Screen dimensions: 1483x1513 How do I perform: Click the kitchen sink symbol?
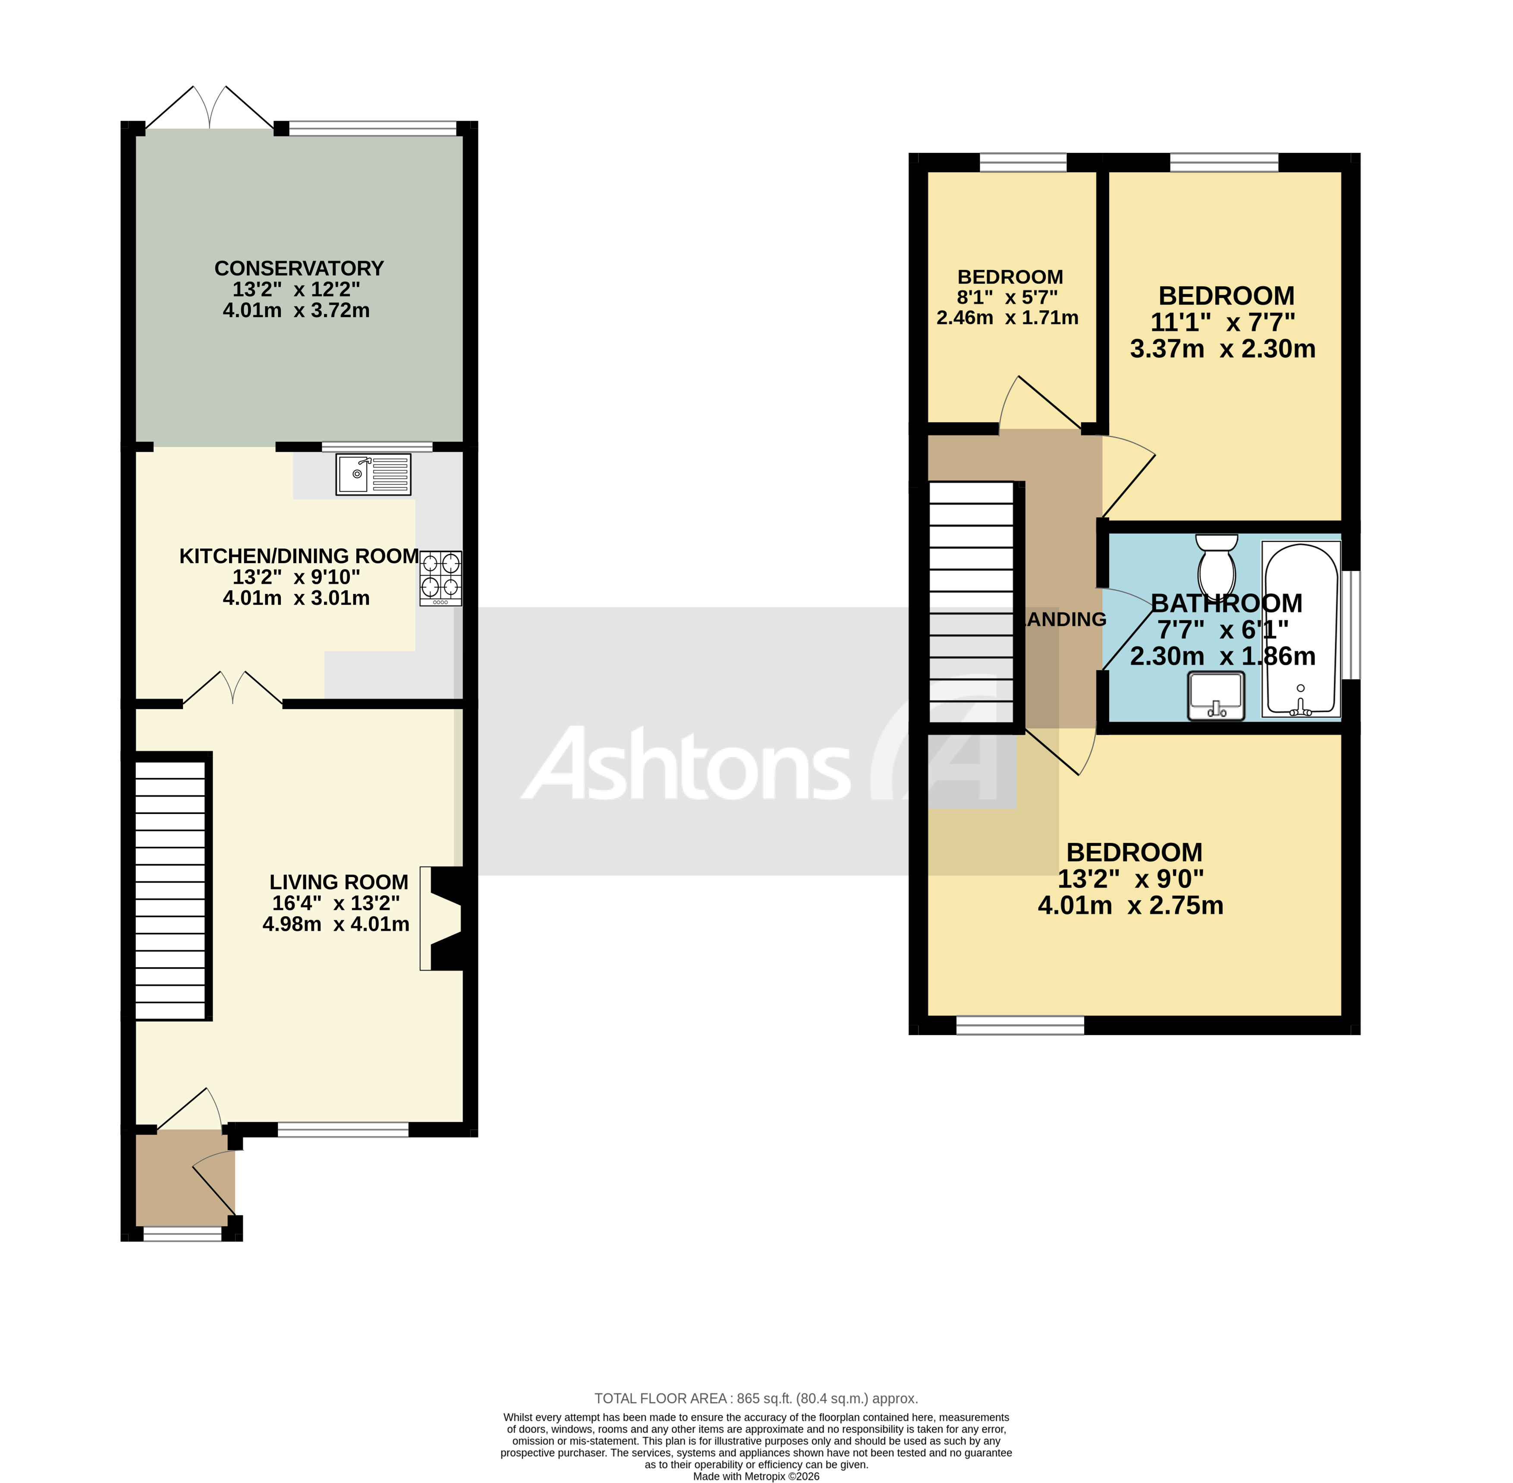click(x=373, y=473)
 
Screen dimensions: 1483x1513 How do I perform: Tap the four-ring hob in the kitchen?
click(x=441, y=578)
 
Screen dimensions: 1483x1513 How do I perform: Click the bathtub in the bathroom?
click(x=1300, y=629)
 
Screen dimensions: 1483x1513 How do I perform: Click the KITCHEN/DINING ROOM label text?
click(x=299, y=556)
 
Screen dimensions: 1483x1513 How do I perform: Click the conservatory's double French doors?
click(x=210, y=109)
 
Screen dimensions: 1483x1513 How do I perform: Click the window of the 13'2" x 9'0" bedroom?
click(x=1019, y=1025)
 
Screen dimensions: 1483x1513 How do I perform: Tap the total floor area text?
click(x=755, y=1398)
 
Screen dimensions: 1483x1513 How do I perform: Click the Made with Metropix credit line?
click(x=755, y=1476)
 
